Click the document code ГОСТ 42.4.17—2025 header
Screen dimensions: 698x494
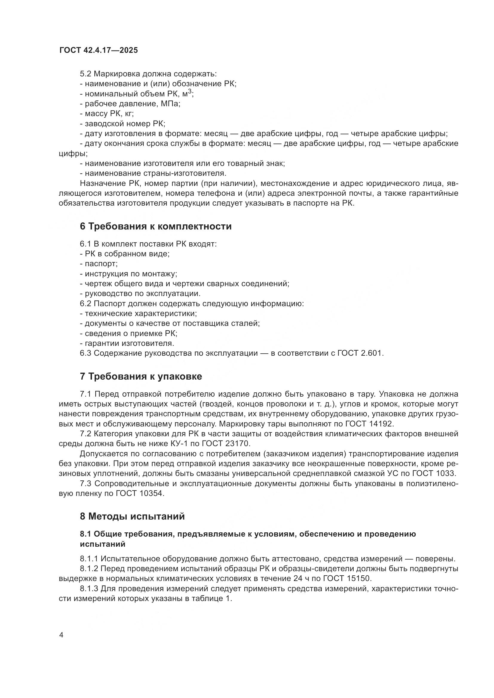pos(99,50)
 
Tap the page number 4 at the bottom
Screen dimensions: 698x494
pos(62,635)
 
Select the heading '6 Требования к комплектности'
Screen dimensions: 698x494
pos(155,226)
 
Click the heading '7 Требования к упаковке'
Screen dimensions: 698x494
pos(141,376)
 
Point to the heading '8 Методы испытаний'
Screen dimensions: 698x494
pos(132,516)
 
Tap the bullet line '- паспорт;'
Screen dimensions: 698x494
pos(99,264)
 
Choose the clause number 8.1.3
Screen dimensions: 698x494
pos(89,588)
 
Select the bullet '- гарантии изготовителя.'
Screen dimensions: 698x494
pos(127,343)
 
